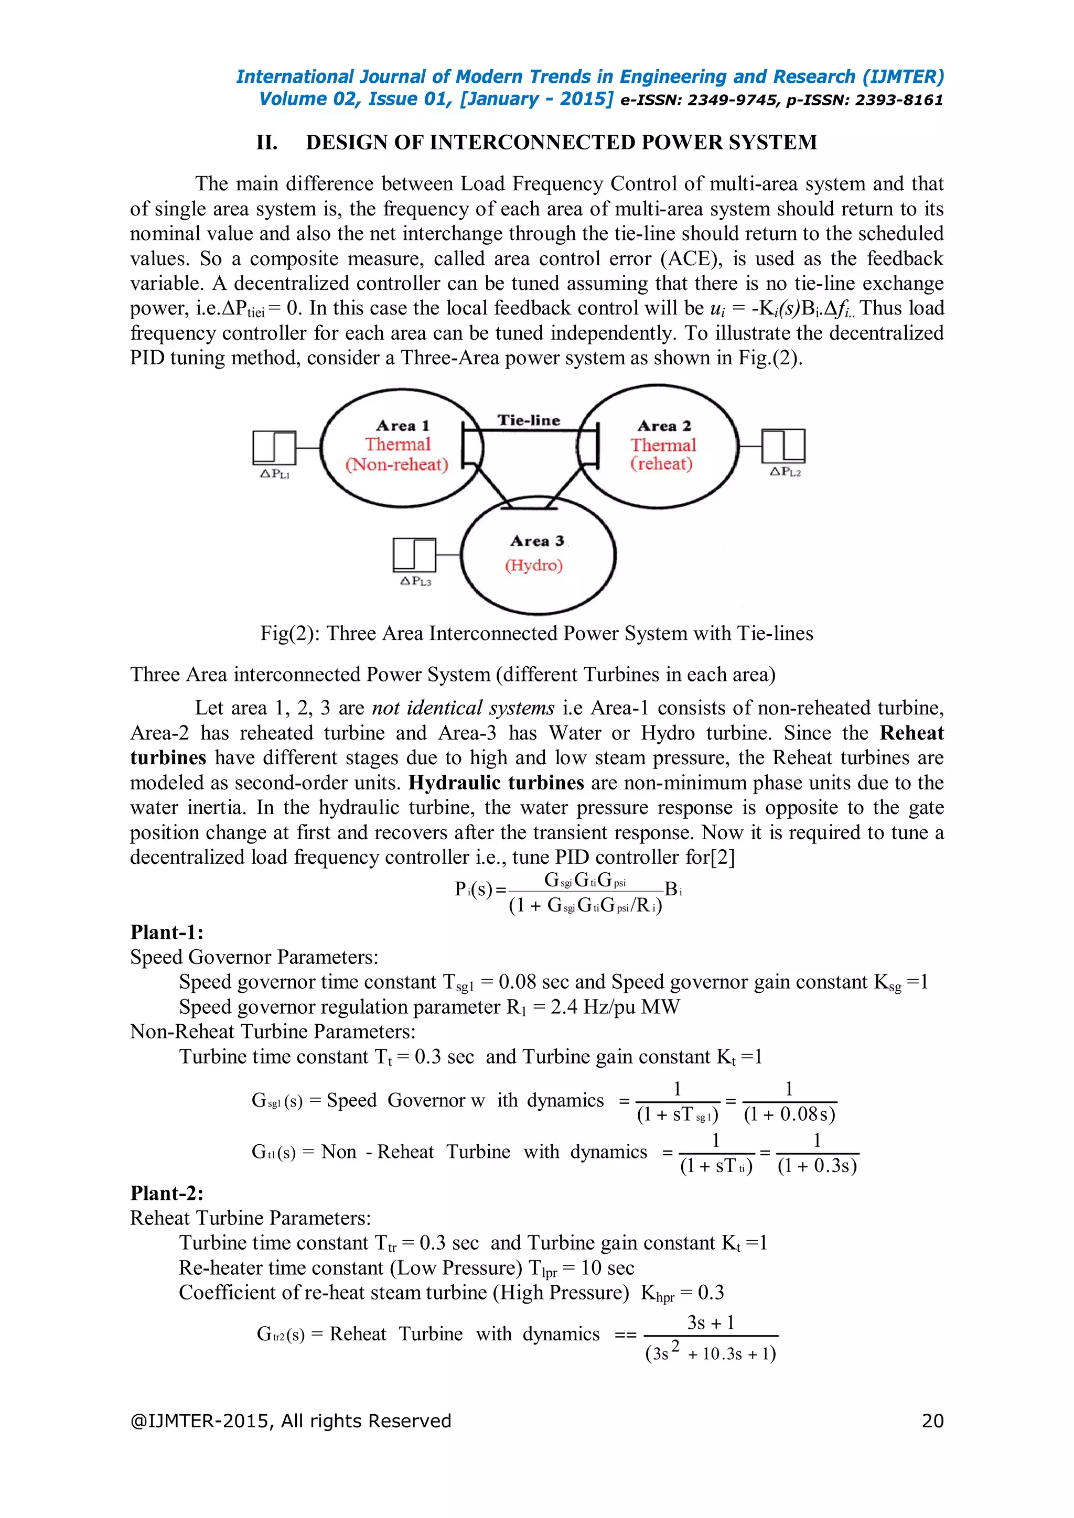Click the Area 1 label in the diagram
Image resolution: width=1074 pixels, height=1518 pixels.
(x=402, y=425)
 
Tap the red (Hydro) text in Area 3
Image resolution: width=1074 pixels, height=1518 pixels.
(x=534, y=565)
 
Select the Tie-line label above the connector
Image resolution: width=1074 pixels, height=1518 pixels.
(x=529, y=420)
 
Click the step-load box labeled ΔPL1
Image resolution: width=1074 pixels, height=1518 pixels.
(x=274, y=447)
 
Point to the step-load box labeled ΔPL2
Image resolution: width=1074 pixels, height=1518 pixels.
(x=783, y=446)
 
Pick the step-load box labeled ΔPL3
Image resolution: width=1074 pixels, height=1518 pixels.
(x=414, y=555)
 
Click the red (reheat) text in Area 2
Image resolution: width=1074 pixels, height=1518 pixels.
(x=661, y=463)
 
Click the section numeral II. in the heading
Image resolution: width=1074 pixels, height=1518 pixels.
(x=266, y=142)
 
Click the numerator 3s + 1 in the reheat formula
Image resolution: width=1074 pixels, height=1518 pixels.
(x=711, y=1322)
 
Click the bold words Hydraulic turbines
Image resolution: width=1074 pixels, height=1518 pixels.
(x=496, y=783)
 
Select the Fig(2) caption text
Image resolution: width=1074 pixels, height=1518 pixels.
(x=536, y=633)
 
